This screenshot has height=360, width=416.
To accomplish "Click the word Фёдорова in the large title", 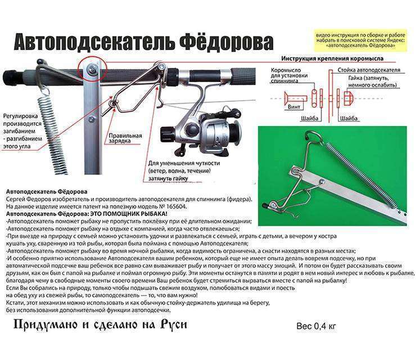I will click(x=221, y=42).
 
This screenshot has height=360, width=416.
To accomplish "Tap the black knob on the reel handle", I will click(x=166, y=133).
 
